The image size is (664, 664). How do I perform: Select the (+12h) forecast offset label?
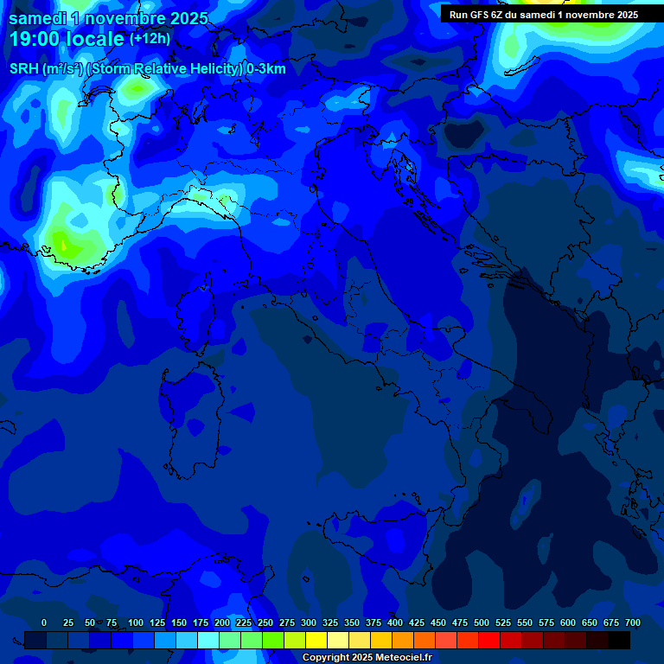(150, 39)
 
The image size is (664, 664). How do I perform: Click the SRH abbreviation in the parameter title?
(23, 69)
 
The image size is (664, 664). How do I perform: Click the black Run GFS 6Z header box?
(544, 14)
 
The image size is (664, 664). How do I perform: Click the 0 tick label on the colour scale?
(44, 622)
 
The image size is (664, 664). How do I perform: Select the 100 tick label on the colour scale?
(136, 622)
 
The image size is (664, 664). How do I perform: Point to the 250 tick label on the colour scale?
(265, 622)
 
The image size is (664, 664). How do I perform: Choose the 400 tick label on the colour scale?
(395, 622)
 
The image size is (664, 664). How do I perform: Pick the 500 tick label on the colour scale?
(482, 622)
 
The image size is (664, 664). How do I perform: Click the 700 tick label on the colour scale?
(632, 622)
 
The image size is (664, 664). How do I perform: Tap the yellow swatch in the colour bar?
(316, 640)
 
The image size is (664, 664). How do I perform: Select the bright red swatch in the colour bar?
(489, 640)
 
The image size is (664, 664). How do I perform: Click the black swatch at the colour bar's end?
(619, 640)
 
